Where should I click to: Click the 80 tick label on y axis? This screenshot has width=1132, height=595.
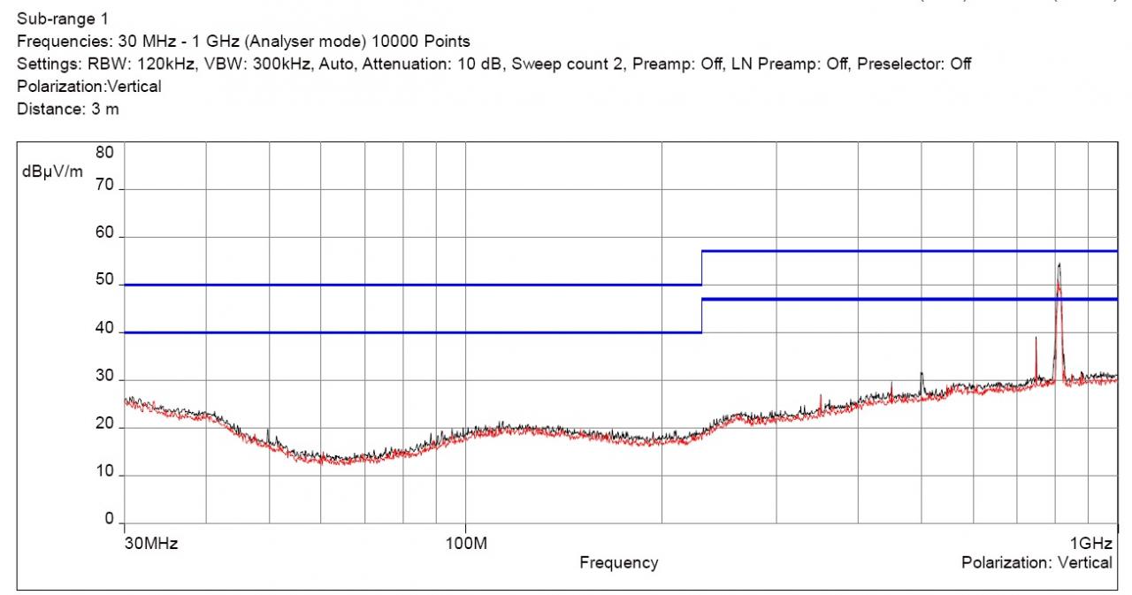[104, 152]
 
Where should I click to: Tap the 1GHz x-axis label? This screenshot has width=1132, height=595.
[1090, 543]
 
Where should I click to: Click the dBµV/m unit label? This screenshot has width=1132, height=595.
[52, 171]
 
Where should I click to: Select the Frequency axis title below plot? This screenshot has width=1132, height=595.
[618, 562]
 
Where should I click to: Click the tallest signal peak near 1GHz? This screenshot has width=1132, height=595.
[1058, 265]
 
